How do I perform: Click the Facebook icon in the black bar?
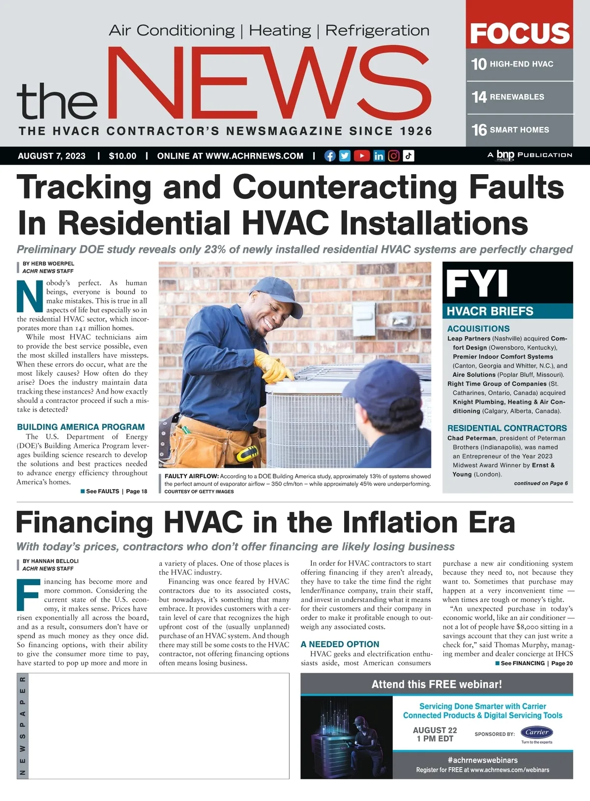click(x=330, y=156)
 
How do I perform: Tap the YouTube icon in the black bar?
click(x=361, y=156)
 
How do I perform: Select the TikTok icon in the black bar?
click(x=409, y=156)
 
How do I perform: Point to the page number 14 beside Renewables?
click(x=479, y=97)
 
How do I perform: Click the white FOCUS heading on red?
click(x=520, y=33)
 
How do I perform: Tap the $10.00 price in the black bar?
click(x=122, y=156)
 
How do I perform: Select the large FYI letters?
click(x=476, y=283)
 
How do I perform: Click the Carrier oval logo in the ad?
click(x=536, y=732)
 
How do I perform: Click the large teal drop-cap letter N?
click(x=30, y=296)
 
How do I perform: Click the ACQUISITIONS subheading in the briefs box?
click(x=478, y=329)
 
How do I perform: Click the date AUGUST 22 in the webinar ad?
click(x=435, y=730)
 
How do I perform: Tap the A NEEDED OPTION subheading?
click(x=340, y=644)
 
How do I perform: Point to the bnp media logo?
click(x=505, y=155)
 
